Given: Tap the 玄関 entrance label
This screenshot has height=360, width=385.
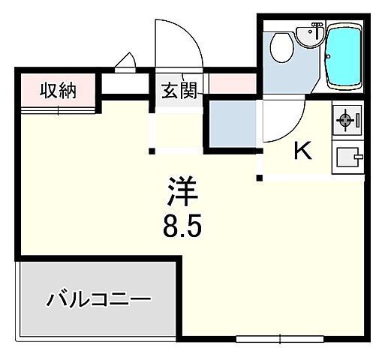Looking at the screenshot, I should click(x=178, y=91).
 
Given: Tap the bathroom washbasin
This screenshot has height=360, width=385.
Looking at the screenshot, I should click(x=309, y=34).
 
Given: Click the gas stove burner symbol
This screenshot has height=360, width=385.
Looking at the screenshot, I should click(x=346, y=119).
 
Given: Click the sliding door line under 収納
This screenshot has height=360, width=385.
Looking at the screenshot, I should click(x=58, y=109).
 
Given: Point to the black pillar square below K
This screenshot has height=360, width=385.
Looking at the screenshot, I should click(x=260, y=178).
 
